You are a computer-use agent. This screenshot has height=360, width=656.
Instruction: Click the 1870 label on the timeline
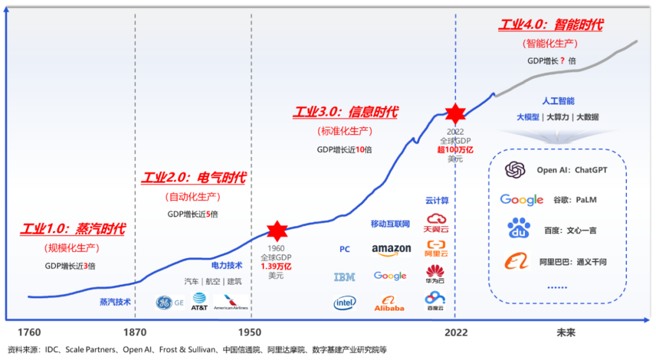tap(134, 333)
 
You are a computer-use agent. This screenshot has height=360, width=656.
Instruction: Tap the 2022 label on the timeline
tap(456, 333)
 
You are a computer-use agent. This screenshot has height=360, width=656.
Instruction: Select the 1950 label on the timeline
tap(250, 333)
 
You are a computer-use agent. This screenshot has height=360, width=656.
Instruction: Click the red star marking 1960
tap(277, 231)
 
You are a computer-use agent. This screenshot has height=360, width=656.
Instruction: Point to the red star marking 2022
tap(455, 114)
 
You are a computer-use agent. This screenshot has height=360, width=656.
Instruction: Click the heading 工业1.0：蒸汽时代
tap(72, 229)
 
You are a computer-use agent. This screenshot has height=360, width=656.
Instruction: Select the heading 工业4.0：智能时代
tap(550, 25)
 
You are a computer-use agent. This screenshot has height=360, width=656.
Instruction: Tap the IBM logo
tap(344, 277)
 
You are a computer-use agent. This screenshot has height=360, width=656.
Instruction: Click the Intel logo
tap(344, 302)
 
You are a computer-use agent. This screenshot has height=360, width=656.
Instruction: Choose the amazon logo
tap(391, 250)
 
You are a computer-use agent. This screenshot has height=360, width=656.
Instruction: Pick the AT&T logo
tap(199, 301)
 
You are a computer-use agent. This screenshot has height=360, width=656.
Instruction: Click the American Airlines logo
tap(231, 302)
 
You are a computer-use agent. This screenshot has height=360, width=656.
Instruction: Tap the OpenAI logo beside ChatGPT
tap(514, 170)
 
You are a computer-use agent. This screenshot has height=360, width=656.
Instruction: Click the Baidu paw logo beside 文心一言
tap(519, 229)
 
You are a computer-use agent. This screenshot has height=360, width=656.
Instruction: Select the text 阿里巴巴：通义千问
tap(573, 262)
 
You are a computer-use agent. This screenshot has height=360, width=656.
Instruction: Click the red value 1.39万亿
tap(276, 266)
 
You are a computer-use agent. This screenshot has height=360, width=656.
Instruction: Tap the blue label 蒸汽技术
tap(115, 302)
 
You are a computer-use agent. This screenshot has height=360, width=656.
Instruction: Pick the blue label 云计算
tap(437, 201)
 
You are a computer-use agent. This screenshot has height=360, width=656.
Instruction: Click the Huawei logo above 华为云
tap(435, 271)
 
